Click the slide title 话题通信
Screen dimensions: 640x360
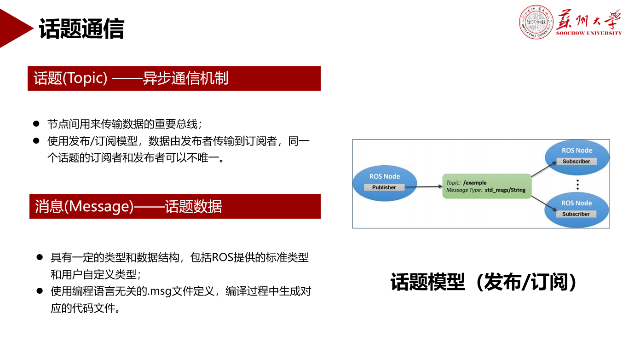[x=81, y=29]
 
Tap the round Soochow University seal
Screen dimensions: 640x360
[x=536, y=22]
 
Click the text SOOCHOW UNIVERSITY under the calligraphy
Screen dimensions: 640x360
[x=589, y=33]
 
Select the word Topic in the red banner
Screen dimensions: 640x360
[x=84, y=78]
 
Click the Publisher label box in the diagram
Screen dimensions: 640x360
[x=384, y=187]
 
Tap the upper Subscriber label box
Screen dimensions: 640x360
[x=577, y=161]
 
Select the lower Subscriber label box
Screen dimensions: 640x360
[x=576, y=214]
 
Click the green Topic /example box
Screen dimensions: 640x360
[x=487, y=186]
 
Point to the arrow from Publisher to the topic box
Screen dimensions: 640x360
[x=423, y=187]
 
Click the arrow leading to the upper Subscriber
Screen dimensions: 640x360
[x=544, y=169]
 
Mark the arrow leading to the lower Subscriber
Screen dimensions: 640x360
[x=544, y=203]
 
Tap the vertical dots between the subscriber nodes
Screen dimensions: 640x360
[x=577, y=185]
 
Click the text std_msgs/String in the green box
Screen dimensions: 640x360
[x=505, y=190]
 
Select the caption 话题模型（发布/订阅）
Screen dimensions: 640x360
[x=483, y=282]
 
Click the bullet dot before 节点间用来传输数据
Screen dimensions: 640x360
[x=36, y=124]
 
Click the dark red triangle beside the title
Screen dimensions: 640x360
[x=16, y=28]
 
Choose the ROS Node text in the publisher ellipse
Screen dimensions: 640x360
[x=385, y=176]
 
